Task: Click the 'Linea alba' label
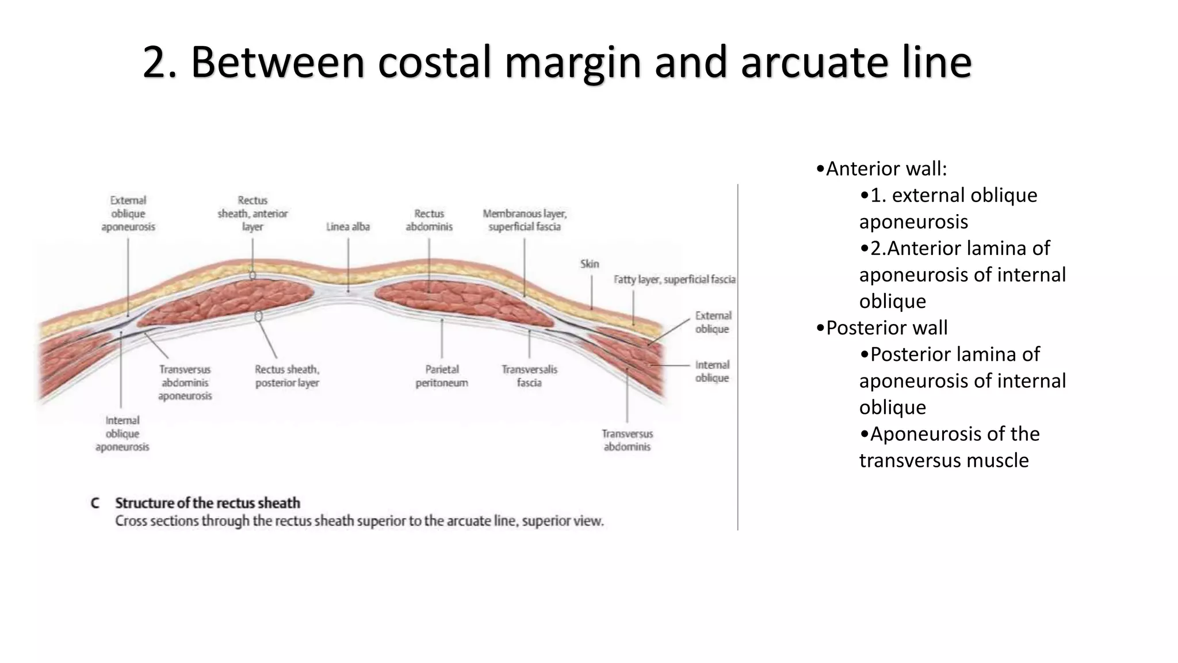click(348, 227)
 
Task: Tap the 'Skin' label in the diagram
click(590, 264)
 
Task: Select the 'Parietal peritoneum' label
click(442, 376)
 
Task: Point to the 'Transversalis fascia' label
click(529, 376)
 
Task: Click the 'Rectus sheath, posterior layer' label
click(287, 376)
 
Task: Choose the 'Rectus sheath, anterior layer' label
click(253, 214)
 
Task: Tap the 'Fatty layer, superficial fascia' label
click(675, 279)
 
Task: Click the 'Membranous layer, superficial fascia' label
click(525, 220)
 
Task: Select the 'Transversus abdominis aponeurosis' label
click(185, 382)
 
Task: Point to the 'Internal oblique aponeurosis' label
click(123, 433)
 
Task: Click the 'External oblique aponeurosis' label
click(128, 214)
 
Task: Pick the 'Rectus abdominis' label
click(429, 220)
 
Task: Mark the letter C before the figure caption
click(95, 503)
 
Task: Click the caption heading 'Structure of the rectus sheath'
click(208, 503)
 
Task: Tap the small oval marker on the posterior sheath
click(258, 316)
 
